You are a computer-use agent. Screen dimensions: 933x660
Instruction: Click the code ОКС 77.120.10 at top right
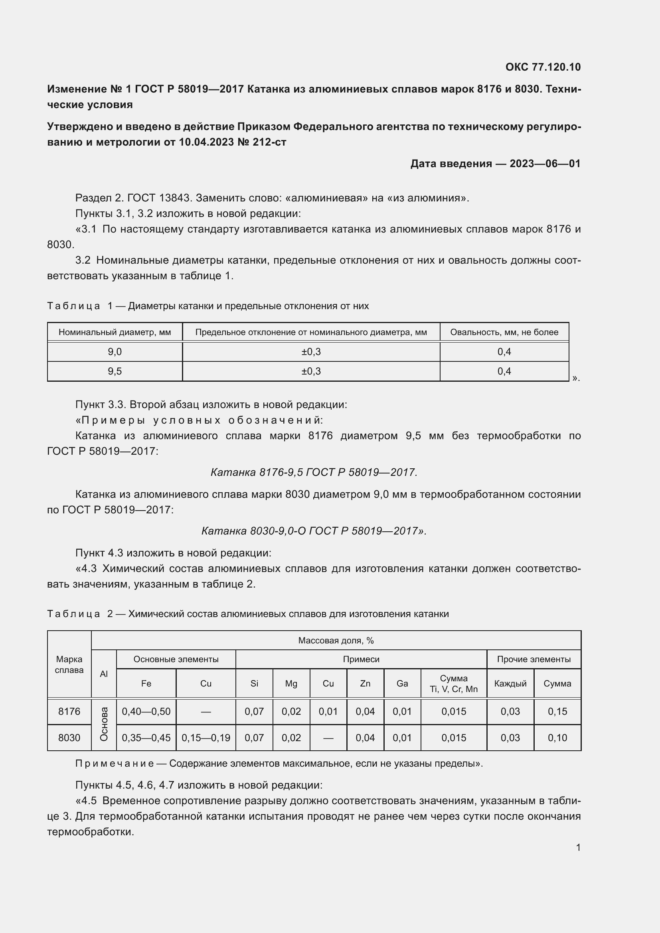(543, 67)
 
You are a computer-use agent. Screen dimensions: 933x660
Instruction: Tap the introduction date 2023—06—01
(545, 164)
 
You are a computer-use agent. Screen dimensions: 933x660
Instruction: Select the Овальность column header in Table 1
(504, 332)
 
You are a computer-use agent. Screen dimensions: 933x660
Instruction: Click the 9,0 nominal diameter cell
(115, 352)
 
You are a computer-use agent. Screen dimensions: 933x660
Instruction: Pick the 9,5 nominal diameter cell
(115, 371)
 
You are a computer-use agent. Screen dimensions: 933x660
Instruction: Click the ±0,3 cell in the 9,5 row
(311, 371)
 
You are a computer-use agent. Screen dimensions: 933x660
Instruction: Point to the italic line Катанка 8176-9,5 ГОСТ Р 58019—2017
(314, 472)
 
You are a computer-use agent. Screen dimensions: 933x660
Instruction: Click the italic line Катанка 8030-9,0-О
(314, 531)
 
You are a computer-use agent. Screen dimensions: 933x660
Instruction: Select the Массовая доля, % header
(336, 641)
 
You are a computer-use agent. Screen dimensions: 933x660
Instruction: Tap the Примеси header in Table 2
(361, 659)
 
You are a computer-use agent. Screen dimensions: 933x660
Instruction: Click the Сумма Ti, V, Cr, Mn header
(454, 684)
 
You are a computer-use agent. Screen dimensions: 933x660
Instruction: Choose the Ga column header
(402, 684)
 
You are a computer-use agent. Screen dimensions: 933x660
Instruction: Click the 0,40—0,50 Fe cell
(146, 712)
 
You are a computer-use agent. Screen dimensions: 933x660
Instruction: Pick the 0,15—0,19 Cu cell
(206, 738)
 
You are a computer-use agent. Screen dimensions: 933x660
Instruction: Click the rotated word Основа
(104, 724)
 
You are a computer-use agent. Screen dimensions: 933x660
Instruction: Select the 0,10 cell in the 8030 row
(557, 738)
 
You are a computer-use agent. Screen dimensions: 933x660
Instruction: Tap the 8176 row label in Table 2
(69, 712)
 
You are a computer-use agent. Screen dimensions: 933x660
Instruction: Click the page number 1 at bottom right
(578, 847)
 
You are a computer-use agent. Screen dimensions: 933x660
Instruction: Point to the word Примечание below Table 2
(114, 763)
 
